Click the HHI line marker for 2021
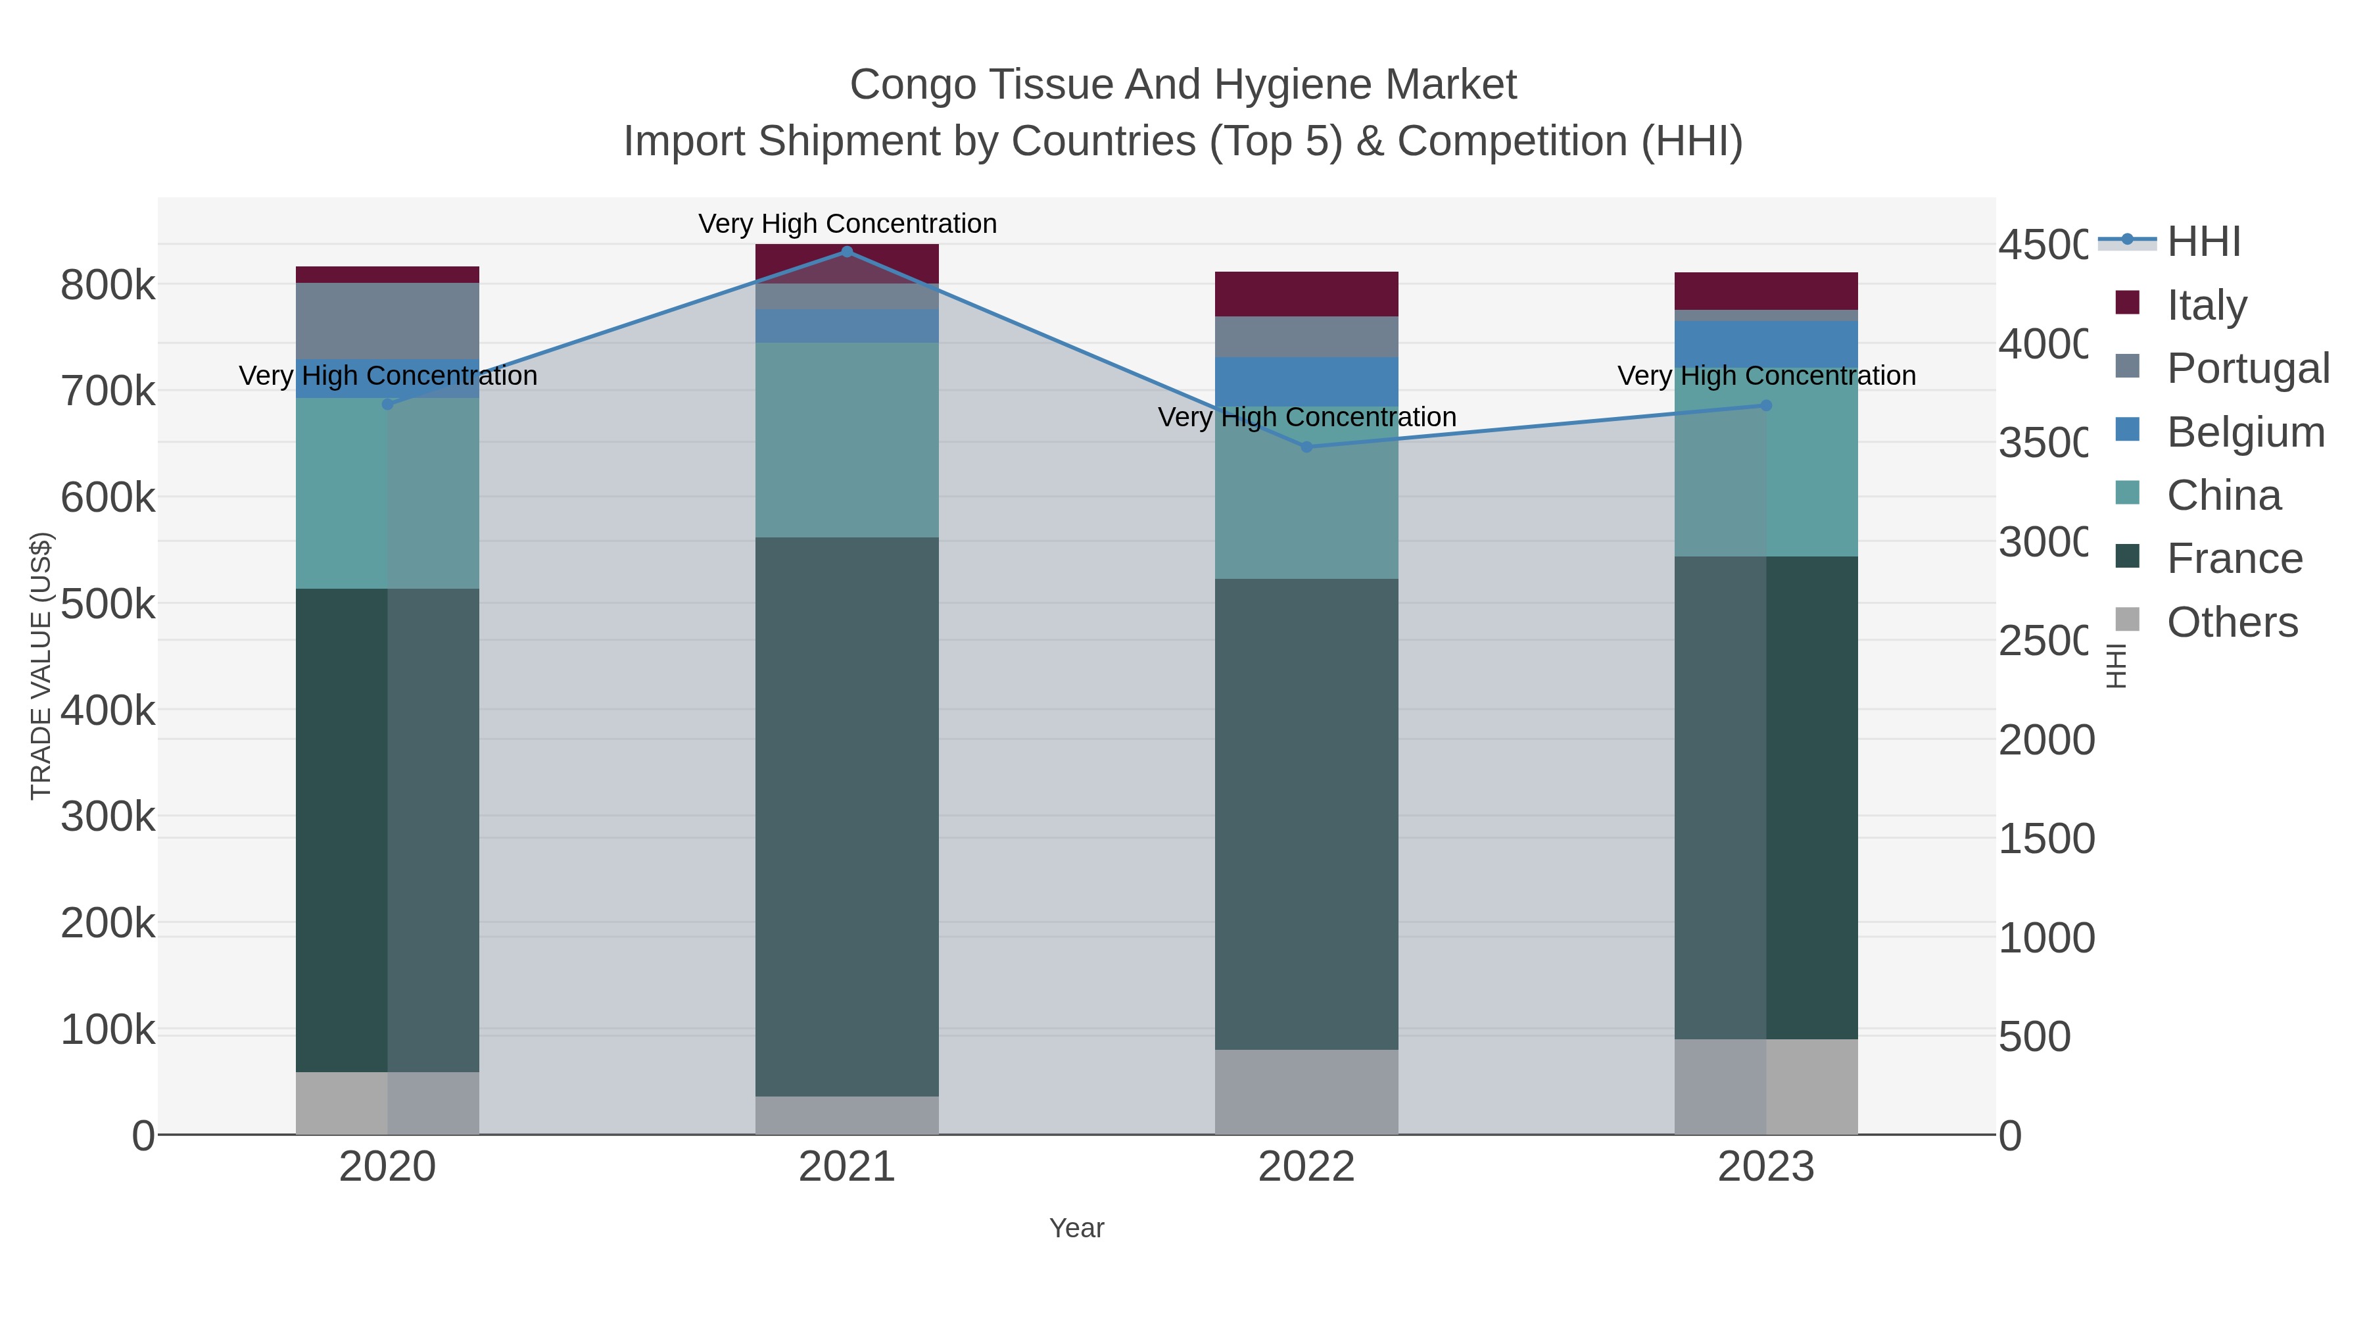846,252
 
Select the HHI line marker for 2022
1306,447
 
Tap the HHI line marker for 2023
1765,405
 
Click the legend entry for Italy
2205,305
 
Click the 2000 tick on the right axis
2046,740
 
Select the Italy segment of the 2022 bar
1306,294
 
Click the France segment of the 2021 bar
846,816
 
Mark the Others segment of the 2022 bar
1306,1091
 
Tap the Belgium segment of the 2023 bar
1765,344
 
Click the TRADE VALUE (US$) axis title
41,666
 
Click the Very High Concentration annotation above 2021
846,224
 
